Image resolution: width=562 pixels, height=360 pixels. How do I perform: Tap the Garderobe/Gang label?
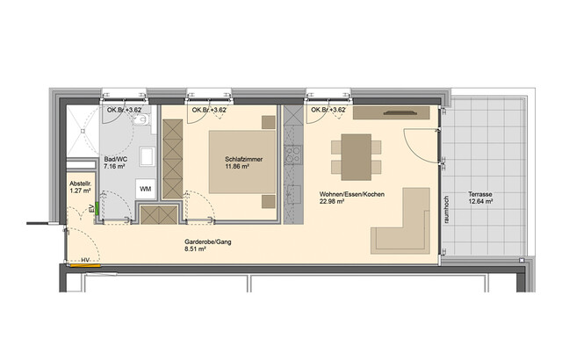207,241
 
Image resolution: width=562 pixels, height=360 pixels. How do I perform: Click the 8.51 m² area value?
195,249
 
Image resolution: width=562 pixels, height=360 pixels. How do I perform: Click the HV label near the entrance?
85,261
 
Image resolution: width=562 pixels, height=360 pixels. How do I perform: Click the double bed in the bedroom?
238,165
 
